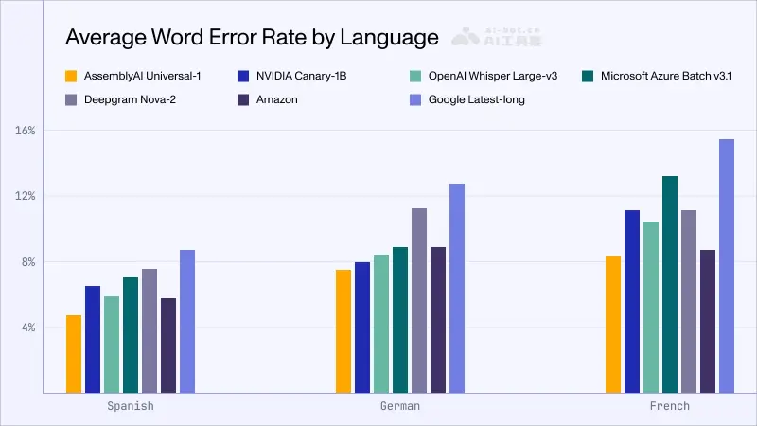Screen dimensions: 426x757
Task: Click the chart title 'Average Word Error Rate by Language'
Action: tap(251, 38)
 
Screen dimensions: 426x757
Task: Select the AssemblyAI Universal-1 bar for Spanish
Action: tap(74, 354)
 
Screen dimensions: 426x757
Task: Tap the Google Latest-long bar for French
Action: tap(726, 266)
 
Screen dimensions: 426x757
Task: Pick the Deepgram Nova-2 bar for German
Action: tap(419, 300)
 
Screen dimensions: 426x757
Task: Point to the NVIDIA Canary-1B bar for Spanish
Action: tap(93, 339)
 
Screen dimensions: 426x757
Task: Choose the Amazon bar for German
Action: tap(438, 320)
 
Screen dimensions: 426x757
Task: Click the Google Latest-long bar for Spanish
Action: tap(187, 321)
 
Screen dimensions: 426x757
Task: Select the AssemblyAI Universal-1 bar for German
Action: tap(343, 331)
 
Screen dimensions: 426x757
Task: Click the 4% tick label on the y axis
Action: tap(27, 328)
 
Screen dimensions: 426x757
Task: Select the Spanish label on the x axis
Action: tap(131, 406)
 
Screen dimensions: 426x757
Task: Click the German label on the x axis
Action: tap(400, 406)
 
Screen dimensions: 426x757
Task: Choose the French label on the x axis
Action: tap(670, 406)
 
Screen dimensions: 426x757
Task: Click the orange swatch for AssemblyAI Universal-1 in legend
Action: tap(71, 75)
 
